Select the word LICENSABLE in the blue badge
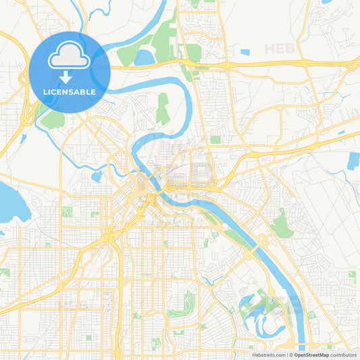pyautogui.click(x=70, y=91)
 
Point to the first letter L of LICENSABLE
pyautogui.click(x=45, y=91)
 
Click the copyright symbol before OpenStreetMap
pyautogui.click(x=291, y=355)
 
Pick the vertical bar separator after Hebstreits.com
pyautogui.click(x=286, y=355)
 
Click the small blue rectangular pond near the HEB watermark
pyautogui.click(x=245, y=52)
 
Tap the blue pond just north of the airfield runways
pyautogui.click(x=353, y=161)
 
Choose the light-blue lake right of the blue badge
pyautogui.click(x=144, y=58)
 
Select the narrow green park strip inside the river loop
pyautogui.click(x=163, y=108)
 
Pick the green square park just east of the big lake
pyautogui.click(x=67, y=211)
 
